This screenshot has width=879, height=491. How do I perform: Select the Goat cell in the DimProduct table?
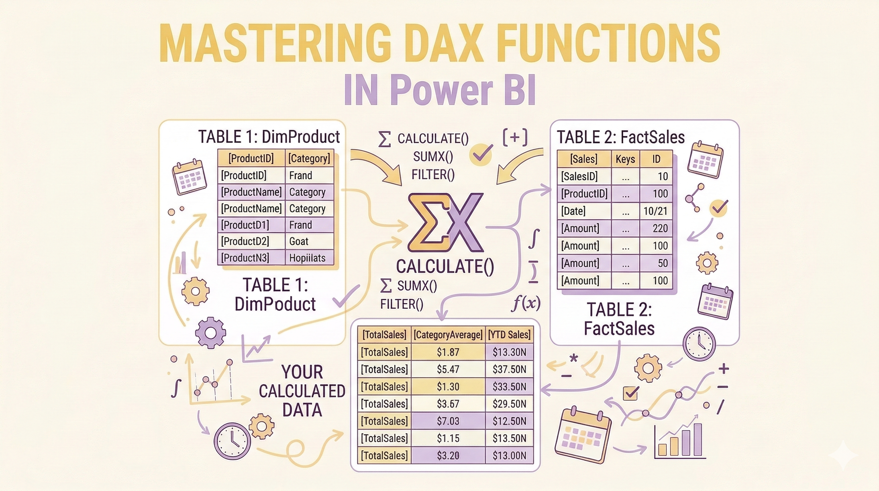click(310, 241)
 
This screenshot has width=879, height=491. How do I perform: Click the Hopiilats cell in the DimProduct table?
click(310, 258)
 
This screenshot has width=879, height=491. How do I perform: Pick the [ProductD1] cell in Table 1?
click(251, 225)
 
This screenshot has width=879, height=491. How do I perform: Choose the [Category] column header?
click(309, 158)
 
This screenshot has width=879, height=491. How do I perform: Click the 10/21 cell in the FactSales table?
click(656, 211)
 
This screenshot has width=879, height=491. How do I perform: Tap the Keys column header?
click(625, 159)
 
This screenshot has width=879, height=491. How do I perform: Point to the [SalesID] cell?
click(584, 176)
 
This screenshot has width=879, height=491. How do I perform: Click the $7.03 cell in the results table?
click(448, 421)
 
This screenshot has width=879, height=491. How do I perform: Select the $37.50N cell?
click(509, 369)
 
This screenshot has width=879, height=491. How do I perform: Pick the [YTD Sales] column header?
click(509, 335)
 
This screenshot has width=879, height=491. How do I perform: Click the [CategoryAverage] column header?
click(448, 335)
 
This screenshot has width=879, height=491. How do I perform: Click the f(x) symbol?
click(526, 303)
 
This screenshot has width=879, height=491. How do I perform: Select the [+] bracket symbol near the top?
click(515, 137)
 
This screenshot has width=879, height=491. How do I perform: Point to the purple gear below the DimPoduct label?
click(211, 333)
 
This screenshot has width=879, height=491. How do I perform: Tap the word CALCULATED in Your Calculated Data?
click(302, 391)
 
